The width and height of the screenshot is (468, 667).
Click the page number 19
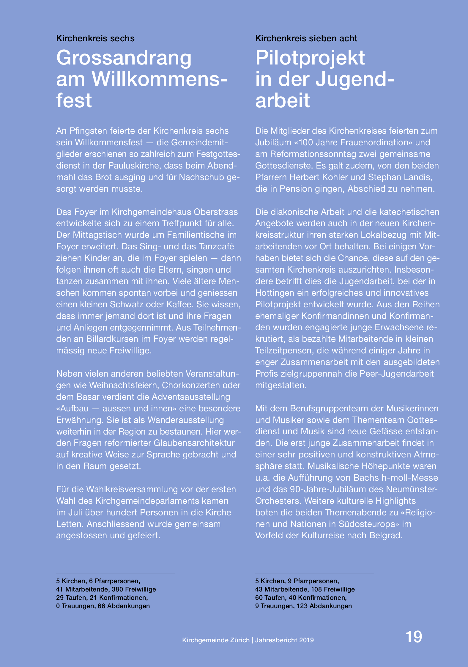(x=413, y=637)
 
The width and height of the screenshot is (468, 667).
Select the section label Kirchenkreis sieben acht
(x=306, y=38)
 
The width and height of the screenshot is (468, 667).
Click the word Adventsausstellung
(x=191, y=397)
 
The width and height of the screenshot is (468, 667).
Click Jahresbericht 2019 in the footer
(x=284, y=640)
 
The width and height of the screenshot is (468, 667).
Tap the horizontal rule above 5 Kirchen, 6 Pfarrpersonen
(x=115, y=573)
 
